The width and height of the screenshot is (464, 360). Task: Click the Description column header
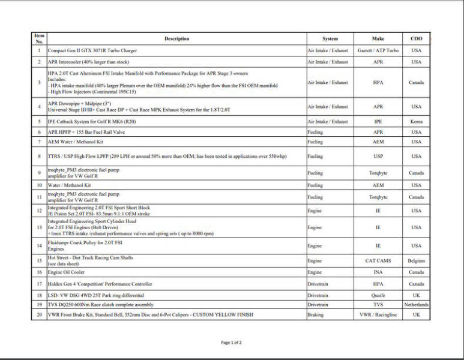pyautogui.click(x=176, y=39)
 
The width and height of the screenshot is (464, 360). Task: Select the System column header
pyautogui.click(x=330, y=39)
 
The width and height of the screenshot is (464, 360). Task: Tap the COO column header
pyautogui.click(x=416, y=39)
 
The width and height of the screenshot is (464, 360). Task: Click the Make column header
pyautogui.click(x=378, y=39)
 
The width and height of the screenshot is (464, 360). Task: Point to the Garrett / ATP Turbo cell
pyautogui.click(x=378, y=51)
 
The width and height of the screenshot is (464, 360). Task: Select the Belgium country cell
pyautogui.click(x=416, y=261)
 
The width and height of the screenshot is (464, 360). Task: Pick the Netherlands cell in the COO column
pyautogui.click(x=416, y=305)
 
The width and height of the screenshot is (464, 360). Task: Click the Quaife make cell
pyautogui.click(x=378, y=295)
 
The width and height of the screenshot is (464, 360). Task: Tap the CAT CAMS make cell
pyautogui.click(x=378, y=261)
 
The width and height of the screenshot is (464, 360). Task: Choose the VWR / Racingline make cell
pyautogui.click(x=378, y=315)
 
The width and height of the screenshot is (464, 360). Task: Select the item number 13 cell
pyautogui.click(x=39, y=228)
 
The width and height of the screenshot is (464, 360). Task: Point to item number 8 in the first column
pyautogui.click(x=39, y=156)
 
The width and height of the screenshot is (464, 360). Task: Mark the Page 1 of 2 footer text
pyautogui.click(x=231, y=343)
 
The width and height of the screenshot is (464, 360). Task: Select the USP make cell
pyautogui.click(x=378, y=156)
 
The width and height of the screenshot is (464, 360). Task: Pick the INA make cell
pyautogui.click(x=378, y=272)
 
